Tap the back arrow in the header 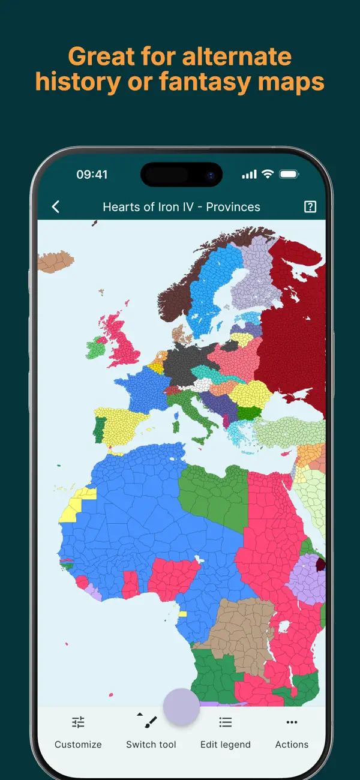coord(56,207)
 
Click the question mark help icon coord(310,207)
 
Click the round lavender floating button coord(181,707)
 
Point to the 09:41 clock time coord(92,175)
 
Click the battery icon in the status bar coord(289,174)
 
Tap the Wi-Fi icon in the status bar coord(268,174)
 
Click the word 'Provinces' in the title coord(233,207)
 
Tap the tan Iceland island coord(55,262)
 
